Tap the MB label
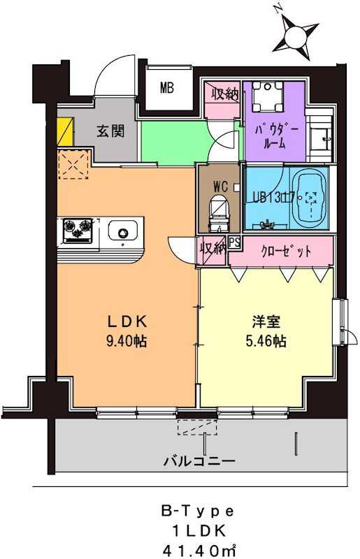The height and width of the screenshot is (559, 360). tap(166, 88)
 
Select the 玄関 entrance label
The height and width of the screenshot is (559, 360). tap(107, 131)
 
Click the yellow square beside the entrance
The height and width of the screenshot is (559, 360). tap(64, 131)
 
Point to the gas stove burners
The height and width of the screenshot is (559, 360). tap(78, 228)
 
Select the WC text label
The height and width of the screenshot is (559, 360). tap(219, 187)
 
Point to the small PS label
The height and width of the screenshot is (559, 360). tap(234, 243)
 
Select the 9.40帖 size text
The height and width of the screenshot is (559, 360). tap(127, 342)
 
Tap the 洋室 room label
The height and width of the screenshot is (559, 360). tap(266, 323)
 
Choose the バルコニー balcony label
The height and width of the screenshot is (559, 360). tap(199, 460)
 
